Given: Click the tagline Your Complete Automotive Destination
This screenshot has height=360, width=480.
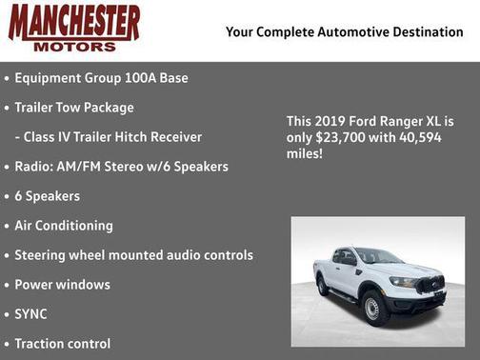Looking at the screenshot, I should [344, 32].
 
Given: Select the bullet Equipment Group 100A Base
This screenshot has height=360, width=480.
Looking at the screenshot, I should [94, 78].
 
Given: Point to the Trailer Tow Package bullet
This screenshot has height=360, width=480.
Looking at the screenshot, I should [74, 108].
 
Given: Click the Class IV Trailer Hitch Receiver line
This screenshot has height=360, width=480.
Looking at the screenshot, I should [107, 137].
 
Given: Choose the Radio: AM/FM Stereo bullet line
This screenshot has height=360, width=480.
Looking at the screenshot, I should [121, 167].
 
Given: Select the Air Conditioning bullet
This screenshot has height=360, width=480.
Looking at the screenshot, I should [64, 226].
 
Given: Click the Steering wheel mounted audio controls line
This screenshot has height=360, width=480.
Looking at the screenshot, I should [133, 255].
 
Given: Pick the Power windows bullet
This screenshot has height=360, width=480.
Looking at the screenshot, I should [62, 285].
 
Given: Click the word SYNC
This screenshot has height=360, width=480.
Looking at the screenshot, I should [30, 314].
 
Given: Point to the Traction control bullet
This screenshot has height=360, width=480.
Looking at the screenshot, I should [63, 344].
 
